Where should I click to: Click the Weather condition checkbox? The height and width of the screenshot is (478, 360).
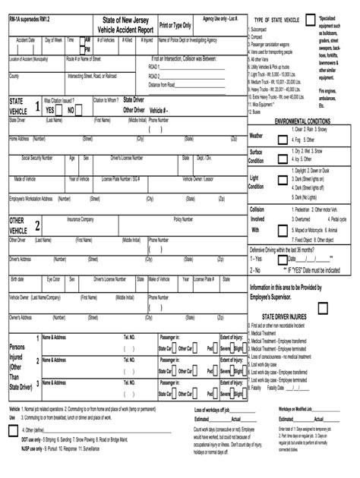pos(282,136)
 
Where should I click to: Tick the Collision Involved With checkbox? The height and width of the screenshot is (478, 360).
pos(282,219)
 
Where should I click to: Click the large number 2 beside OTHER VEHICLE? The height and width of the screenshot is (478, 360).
pos(37,225)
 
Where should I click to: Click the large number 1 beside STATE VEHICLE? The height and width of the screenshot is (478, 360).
pos(37,106)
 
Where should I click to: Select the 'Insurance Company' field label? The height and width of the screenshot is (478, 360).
pos(81,219)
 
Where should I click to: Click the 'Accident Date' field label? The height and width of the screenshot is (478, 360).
pos(21,37)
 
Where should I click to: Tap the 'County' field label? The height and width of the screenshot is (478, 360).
pos(14,77)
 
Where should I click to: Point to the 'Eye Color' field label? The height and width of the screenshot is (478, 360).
pos(53,278)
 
